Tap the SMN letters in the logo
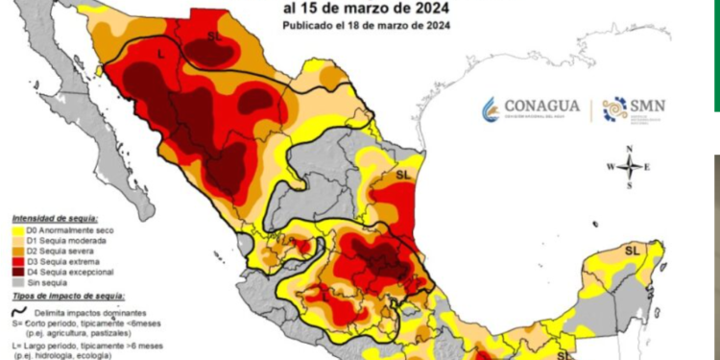click(647, 106)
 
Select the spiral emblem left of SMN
click(614, 110)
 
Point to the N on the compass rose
click(629, 148)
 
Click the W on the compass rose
click(609, 167)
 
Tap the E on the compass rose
click(649, 167)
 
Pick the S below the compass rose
click(629, 186)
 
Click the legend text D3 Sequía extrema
click(57, 261)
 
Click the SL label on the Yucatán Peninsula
click(632, 250)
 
